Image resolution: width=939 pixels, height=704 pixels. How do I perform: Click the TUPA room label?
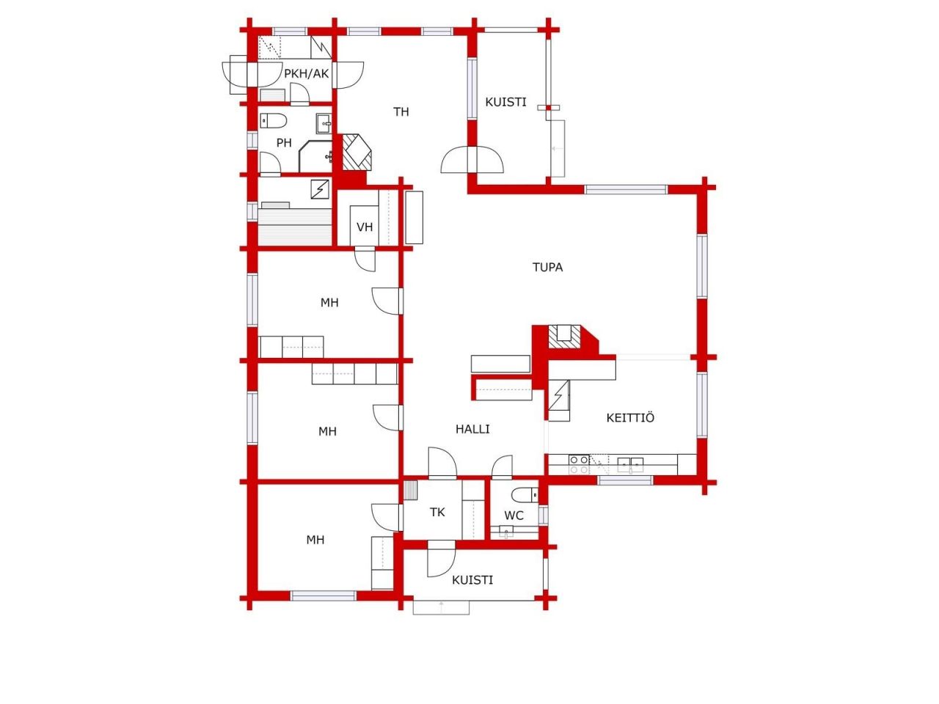tap(547, 268)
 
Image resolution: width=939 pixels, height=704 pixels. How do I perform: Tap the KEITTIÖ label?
tap(630, 417)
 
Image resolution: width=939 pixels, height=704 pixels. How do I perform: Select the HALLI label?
tap(472, 429)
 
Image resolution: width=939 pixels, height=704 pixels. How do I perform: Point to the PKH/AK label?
tap(307, 73)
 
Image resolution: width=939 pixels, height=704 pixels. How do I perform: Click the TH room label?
tap(401, 112)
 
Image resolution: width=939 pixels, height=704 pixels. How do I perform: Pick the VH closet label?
tap(365, 227)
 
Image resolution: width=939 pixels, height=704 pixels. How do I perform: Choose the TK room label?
tap(437, 513)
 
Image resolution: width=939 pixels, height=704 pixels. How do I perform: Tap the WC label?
tap(514, 516)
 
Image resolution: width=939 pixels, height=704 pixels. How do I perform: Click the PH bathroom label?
tap(284, 143)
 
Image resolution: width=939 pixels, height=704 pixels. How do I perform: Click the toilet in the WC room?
tap(525, 494)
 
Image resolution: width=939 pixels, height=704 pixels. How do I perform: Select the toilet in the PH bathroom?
tap(273, 121)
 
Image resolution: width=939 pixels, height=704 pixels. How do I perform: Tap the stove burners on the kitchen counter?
tap(579, 465)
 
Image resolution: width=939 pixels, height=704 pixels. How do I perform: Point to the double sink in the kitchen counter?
tap(631, 463)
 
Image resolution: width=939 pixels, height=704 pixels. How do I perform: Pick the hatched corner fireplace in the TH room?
tap(357, 153)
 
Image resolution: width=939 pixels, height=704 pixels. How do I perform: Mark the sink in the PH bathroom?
tap(324, 123)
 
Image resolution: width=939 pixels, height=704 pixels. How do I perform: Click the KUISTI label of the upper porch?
tap(505, 103)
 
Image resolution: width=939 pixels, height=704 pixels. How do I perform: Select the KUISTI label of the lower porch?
tap(472, 580)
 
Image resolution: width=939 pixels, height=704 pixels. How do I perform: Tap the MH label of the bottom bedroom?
tap(315, 540)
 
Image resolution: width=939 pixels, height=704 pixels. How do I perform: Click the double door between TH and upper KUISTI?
tap(472, 159)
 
